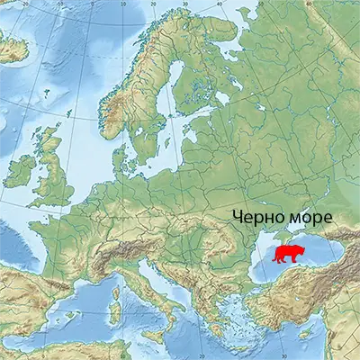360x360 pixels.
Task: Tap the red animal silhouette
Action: coord(289,255)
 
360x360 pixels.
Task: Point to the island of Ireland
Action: coord(23,169)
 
